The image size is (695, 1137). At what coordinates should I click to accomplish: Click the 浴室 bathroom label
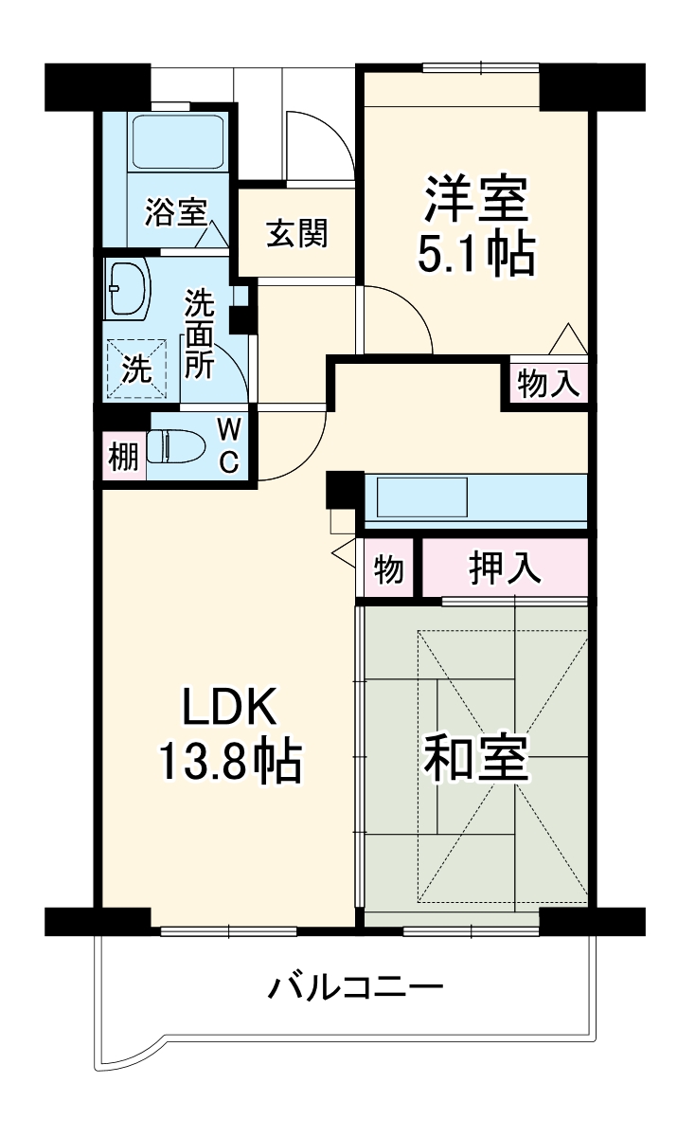[x=175, y=212]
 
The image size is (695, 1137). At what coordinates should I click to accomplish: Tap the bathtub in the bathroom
[x=177, y=142]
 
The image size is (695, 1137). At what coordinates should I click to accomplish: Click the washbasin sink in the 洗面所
[x=129, y=288]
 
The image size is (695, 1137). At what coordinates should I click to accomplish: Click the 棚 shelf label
[x=123, y=458]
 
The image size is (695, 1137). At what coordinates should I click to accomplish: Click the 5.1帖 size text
[x=475, y=253]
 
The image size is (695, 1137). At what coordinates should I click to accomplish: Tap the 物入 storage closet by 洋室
[x=547, y=384]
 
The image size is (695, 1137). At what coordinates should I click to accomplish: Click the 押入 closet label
[x=505, y=568]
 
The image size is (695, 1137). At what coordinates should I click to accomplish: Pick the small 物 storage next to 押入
[x=388, y=570]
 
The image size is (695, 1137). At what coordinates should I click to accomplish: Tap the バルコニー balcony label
[x=355, y=989]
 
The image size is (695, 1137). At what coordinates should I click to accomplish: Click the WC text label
[x=229, y=445]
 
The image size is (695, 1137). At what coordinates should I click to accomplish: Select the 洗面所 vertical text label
[x=199, y=334]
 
